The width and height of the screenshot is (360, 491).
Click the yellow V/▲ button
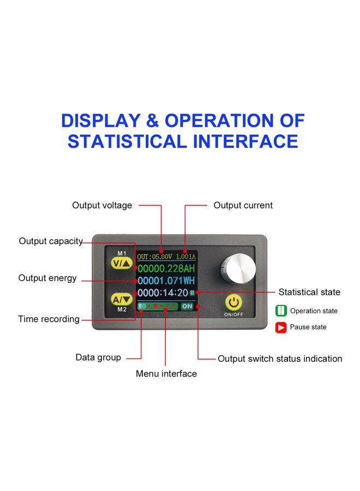click(122, 264)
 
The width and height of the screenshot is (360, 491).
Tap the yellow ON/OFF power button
click(233, 302)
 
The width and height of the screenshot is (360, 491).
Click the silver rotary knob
click(238, 268)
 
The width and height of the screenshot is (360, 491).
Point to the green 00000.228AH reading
click(166, 268)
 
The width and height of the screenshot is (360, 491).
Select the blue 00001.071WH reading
click(166, 280)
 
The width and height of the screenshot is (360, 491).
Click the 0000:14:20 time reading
click(163, 293)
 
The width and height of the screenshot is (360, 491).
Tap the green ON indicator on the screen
click(187, 306)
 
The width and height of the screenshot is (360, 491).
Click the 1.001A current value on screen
click(185, 257)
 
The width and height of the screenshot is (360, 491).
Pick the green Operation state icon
click(281, 310)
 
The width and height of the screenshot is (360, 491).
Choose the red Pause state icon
click(281, 327)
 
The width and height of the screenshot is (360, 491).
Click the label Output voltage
click(102, 206)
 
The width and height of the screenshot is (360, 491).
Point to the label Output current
click(243, 206)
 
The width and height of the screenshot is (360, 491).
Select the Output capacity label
click(51, 241)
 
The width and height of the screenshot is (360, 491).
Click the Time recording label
click(49, 319)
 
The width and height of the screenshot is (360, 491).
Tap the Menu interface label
click(166, 374)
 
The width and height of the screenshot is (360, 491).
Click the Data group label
click(98, 357)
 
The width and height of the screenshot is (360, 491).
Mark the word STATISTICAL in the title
click(127, 141)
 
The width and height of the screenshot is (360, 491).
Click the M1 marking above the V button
click(122, 253)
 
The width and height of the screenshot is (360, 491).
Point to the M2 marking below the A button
click(122, 309)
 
